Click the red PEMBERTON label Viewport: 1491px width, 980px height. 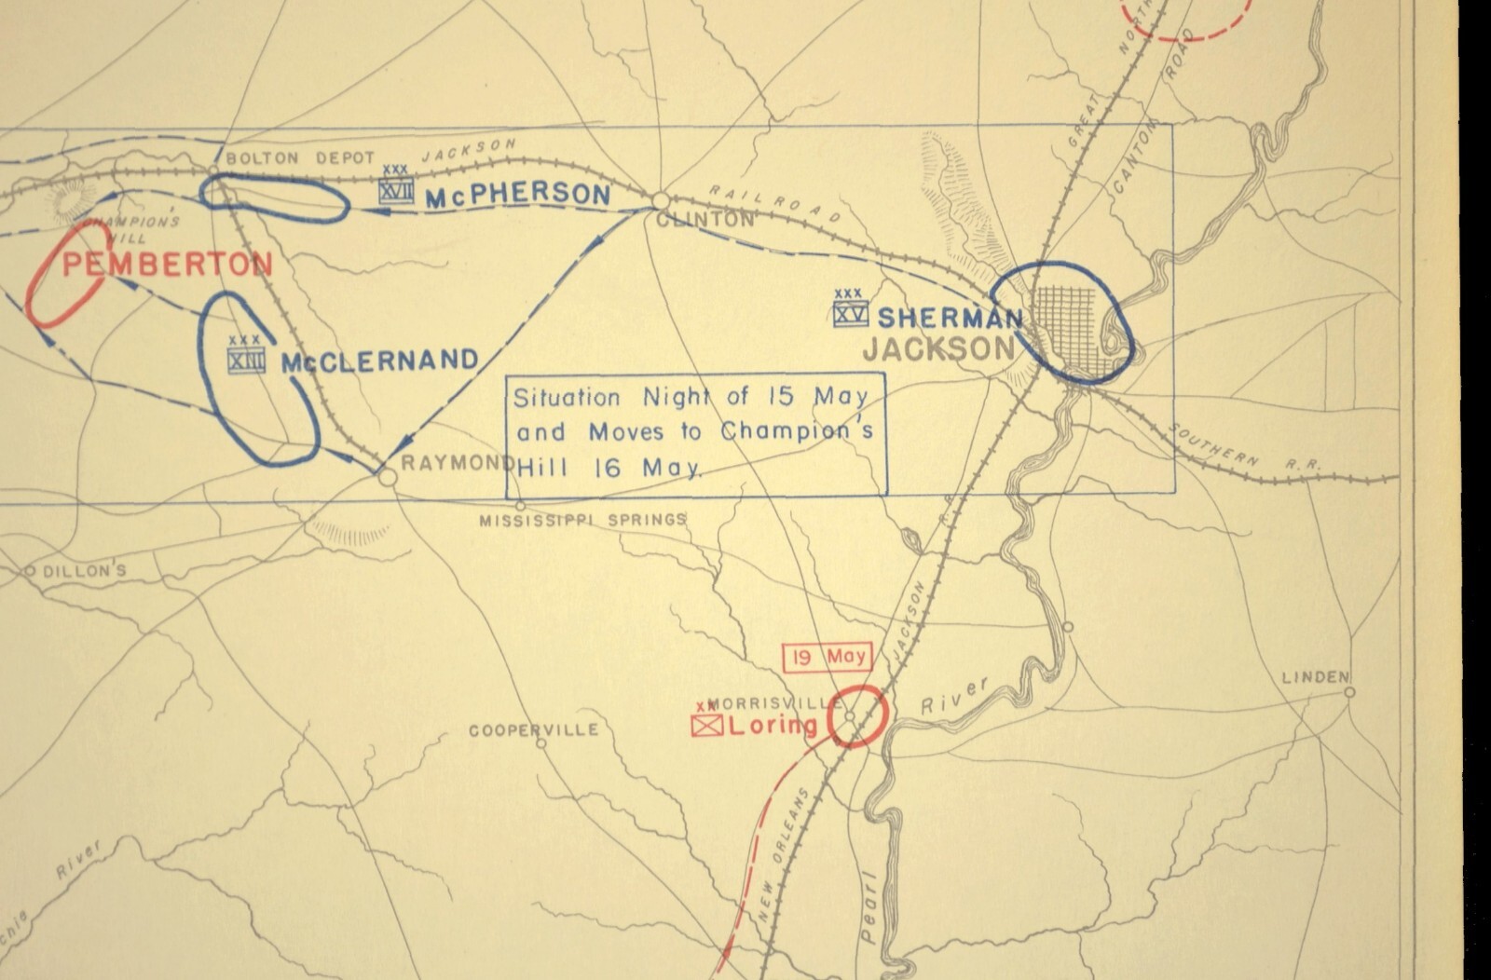click(168, 265)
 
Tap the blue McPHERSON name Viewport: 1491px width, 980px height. click(517, 196)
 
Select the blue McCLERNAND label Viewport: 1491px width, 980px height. click(379, 361)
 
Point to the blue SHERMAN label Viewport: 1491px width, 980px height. click(950, 318)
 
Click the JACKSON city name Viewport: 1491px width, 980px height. click(937, 349)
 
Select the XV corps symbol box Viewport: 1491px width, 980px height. click(850, 314)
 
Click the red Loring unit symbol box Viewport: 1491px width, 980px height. click(707, 726)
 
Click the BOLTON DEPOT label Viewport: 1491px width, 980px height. click(300, 158)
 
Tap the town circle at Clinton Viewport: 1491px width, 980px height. click(661, 200)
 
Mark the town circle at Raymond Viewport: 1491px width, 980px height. click(387, 476)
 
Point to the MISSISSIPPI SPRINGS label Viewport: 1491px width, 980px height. click(582, 520)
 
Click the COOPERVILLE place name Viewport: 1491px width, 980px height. click(533, 730)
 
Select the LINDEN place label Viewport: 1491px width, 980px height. click(1316, 677)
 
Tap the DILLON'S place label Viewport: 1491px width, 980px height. click(83, 572)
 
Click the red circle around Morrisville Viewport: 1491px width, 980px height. click(855, 715)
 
